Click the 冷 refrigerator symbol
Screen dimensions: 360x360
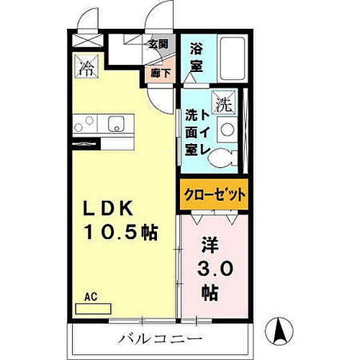[86, 69]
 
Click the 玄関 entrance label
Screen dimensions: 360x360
[158, 44]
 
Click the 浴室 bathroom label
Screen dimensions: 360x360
[196, 58]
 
